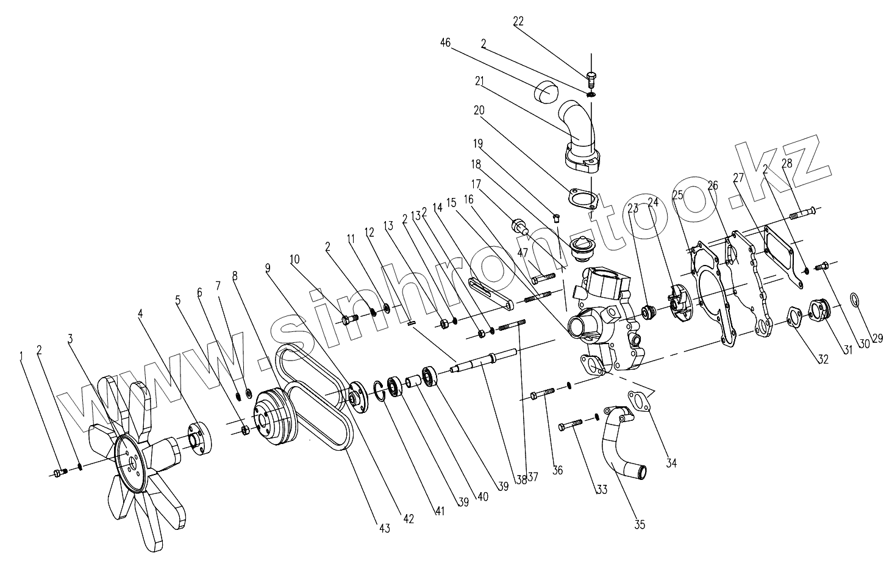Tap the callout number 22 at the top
[518, 21]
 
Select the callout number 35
[640, 524]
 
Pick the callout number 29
[877, 339]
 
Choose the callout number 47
[523, 252]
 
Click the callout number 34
[671, 464]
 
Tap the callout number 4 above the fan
[140, 314]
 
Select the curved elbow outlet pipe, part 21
[578, 128]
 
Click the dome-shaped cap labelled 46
[546, 93]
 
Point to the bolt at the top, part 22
[590, 78]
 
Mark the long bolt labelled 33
[571, 424]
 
